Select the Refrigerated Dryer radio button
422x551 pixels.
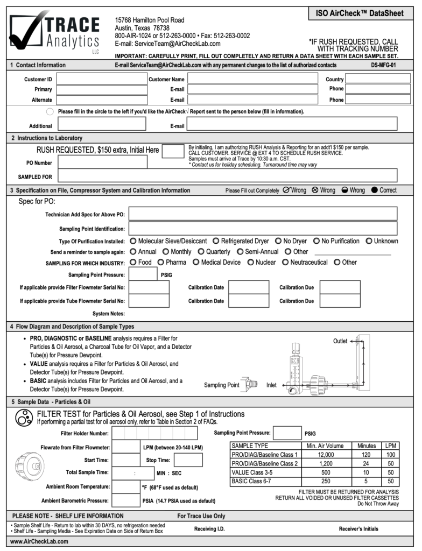pos(216,241)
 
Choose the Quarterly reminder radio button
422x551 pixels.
pos(201,251)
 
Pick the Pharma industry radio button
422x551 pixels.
pos(161,262)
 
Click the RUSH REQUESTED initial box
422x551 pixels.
pos(173,151)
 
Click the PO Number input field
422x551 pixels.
pos(102,162)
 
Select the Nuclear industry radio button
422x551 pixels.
pos(251,262)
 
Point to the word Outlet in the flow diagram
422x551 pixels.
pos(340,341)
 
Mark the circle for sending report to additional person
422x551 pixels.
pos(50,111)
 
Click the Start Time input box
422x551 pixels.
pos(126,460)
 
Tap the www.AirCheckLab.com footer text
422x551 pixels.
pos(39,541)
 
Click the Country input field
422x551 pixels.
pos(377,79)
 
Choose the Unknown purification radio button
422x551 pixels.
pos(369,241)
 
